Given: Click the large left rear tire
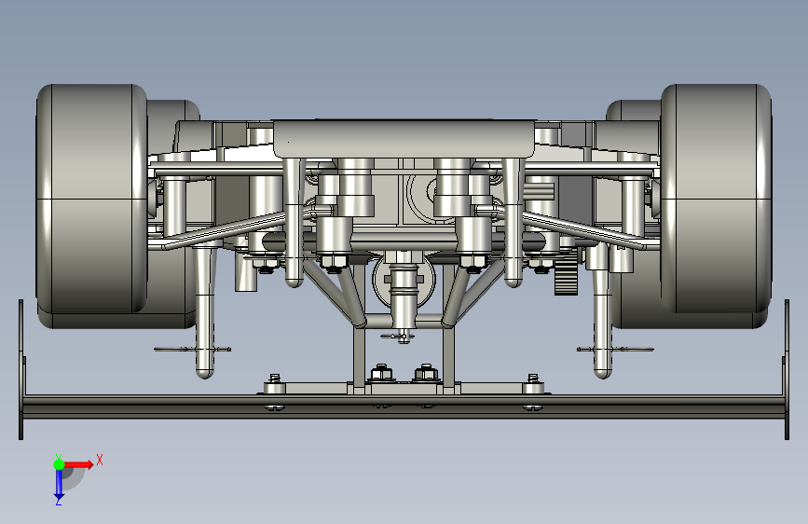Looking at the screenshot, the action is click(x=91, y=200).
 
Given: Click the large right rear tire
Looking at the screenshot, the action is click(x=716, y=200).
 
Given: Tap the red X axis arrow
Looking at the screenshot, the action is click(x=78, y=464).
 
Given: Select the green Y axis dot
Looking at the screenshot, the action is click(x=59, y=464).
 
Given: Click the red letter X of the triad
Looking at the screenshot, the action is click(x=100, y=460).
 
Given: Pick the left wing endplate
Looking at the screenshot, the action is click(x=21, y=369).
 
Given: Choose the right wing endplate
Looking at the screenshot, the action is click(x=787, y=369).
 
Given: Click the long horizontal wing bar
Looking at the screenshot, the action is click(x=404, y=407).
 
